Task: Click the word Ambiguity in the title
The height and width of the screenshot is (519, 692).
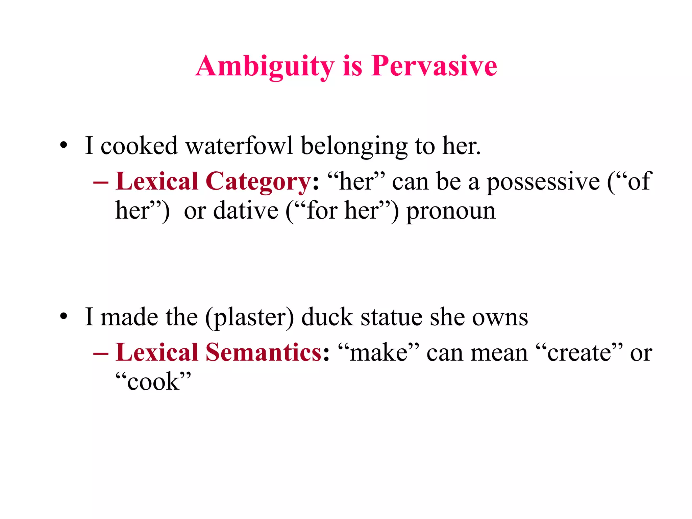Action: click(265, 66)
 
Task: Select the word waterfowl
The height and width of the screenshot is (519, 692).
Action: click(239, 146)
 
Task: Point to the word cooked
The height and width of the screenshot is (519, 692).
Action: click(139, 146)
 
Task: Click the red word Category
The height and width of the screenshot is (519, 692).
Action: click(258, 182)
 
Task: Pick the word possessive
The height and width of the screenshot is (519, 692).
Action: click(543, 182)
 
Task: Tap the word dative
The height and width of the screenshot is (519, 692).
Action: click(246, 211)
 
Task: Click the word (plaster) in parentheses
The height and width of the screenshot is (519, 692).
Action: click(250, 318)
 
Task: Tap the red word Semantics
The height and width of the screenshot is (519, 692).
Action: click(264, 352)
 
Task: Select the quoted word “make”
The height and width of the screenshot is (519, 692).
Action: click(378, 352)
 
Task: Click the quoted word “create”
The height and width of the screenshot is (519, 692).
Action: click(579, 352)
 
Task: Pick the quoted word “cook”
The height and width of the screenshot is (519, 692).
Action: click(153, 381)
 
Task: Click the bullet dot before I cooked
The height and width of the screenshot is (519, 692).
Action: click(64, 146)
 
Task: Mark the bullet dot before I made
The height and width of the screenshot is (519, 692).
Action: click(64, 317)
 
